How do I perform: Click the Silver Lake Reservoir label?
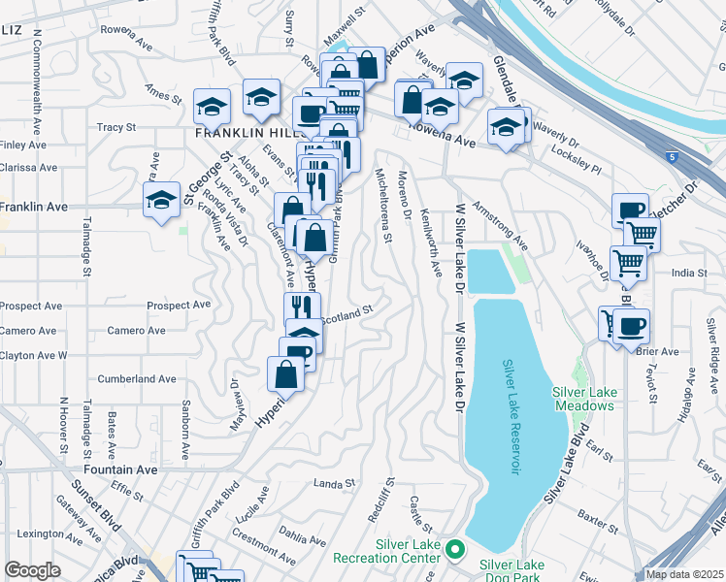click(x=511, y=417)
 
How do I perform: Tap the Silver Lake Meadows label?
click(x=583, y=399)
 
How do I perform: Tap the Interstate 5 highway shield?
click(x=672, y=156)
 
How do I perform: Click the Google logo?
click(x=32, y=570)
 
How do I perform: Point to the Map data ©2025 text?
click(x=684, y=574)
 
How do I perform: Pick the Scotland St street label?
click(x=346, y=314)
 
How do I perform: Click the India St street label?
click(x=691, y=274)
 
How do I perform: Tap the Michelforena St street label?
click(x=384, y=205)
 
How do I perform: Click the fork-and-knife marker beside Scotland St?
click(x=302, y=309)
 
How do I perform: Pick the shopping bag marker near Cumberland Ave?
click(x=287, y=374)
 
